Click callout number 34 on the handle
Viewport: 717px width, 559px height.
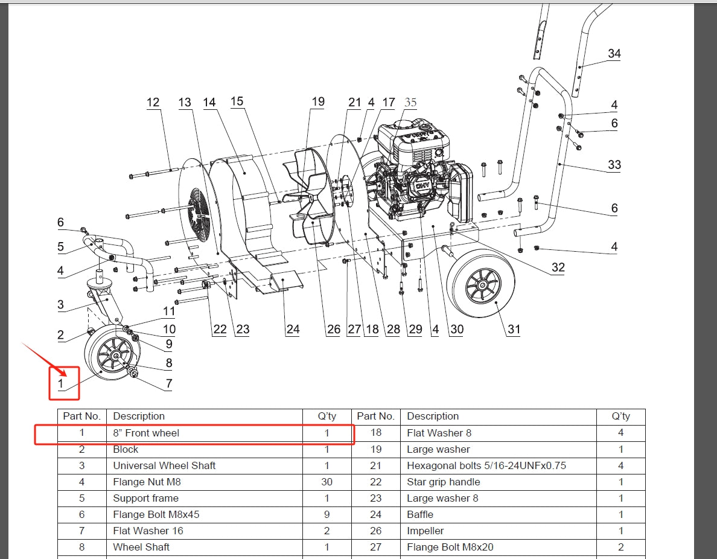[614, 54]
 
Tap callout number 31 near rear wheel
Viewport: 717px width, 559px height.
[514, 329]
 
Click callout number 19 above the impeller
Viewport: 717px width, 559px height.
[317, 102]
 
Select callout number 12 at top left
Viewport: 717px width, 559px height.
[153, 102]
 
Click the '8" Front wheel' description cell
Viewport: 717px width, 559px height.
[146, 433]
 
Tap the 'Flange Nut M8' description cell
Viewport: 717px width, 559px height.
[147, 482]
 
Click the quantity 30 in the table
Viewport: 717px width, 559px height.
[326, 482]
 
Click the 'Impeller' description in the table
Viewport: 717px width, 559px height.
[425, 531]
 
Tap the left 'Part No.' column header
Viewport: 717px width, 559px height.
[81, 416]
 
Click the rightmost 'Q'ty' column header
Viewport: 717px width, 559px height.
[620, 416]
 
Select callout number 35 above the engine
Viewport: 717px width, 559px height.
[410, 102]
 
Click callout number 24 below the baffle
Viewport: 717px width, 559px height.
[293, 329]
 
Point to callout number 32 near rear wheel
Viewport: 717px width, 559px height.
[558, 267]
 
